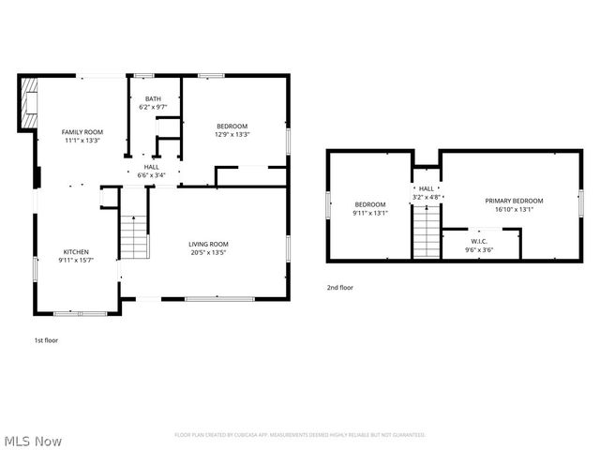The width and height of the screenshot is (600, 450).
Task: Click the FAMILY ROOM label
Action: [x=82, y=132]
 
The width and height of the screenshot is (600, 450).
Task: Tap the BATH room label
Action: [x=153, y=98]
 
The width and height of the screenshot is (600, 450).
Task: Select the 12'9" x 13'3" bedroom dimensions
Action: [x=232, y=135]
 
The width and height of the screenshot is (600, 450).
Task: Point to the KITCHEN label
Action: [x=76, y=251]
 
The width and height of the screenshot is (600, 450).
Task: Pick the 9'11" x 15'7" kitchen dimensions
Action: [x=76, y=260]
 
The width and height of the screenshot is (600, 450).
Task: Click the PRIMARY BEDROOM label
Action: [x=514, y=201]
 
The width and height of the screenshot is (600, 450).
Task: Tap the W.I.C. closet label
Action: [x=473, y=241]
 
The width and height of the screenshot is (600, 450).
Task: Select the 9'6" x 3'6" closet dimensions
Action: [x=473, y=249]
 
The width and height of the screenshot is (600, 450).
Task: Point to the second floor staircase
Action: [x=427, y=232]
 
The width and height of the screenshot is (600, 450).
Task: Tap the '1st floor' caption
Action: [x=45, y=340]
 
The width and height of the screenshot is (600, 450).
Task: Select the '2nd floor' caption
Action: [x=339, y=288]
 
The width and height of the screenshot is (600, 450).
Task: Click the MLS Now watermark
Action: [x=33, y=440]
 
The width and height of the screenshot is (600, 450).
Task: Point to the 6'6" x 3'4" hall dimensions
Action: [x=151, y=175]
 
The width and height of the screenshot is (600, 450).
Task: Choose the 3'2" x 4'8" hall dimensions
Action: [x=427, y=197]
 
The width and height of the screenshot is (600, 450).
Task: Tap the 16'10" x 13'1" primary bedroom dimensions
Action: [x=514, y=209]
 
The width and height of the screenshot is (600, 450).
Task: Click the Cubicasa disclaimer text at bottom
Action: [x=300, y=435]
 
